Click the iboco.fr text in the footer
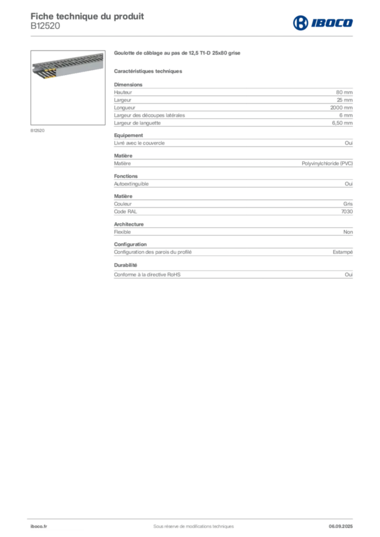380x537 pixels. tap(38, 526)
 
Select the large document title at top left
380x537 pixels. tap(87, 15)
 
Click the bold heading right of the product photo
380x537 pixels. tap(178, 53)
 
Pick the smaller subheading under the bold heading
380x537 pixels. tap(149, 71)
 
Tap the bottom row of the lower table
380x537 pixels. tap(233, 274)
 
